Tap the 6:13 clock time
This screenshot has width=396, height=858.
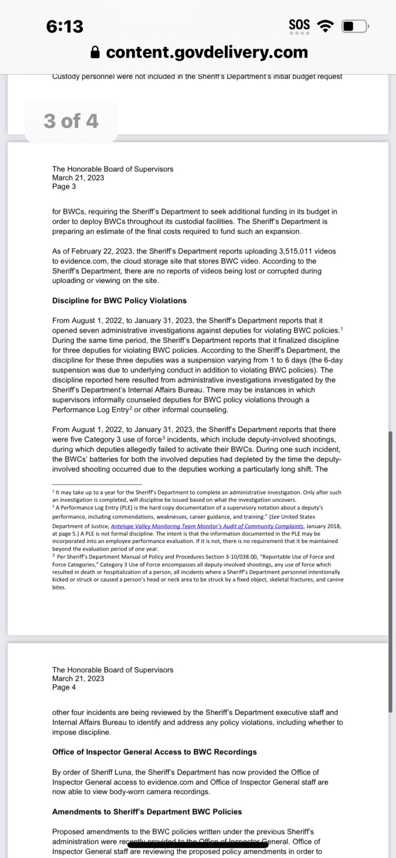[64, 26]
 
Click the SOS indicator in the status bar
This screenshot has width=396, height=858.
[299, 25]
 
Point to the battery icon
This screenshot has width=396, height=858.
[354, 26]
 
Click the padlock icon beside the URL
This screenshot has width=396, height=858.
[95, 52]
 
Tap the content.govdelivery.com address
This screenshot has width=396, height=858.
[207, 52]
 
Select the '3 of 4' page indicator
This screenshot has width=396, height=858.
[71, 121]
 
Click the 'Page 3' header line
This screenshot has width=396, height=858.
[64, 186]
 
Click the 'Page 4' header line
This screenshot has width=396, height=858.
[64, 687]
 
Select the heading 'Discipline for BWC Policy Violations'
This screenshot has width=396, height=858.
[119, 301]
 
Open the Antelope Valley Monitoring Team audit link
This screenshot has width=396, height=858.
[207, 526]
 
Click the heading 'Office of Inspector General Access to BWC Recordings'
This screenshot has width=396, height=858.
[155, 752]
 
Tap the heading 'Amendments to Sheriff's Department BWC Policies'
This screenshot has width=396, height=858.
[147, 812]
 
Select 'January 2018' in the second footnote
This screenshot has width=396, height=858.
[324, 526]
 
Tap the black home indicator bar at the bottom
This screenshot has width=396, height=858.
[198, 851]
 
